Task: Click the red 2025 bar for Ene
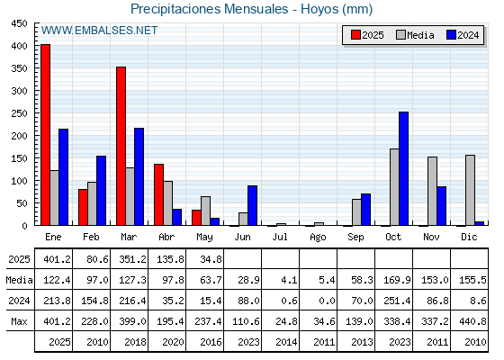tap(45, 135)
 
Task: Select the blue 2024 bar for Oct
tap(404, 168)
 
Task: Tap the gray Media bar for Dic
tap(470, 190)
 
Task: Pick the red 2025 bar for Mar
tap(121, 146)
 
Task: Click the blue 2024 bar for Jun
tap(252, 205)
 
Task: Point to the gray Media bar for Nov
tap(432, 191)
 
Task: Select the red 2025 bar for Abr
tap(158, 194)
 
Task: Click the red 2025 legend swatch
tap(355, 35)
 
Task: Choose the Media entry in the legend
tap(415, 35)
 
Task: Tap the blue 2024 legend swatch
tap(451, 35)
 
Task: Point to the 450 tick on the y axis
tap(19, 23)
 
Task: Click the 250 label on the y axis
tap(19, 113)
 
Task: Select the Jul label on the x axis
tap(280, 238)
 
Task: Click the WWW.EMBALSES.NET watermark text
tap(99, 31)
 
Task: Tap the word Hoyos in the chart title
tap(319, 9)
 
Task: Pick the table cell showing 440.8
tap(472, 321)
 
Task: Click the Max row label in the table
tap(19, 321)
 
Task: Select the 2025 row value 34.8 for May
tap(211, 259)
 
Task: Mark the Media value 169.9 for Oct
tap(397, 280)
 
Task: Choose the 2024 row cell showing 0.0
tap(327, 301)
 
